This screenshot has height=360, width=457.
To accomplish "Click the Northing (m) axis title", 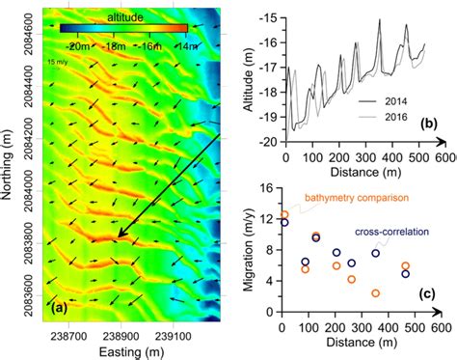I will (x=11, y=164).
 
